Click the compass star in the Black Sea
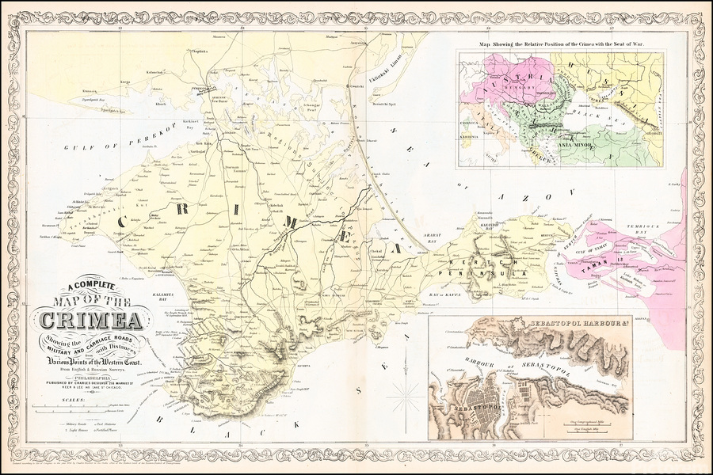tap(410, 393)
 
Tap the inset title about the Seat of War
tap(569, 45)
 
